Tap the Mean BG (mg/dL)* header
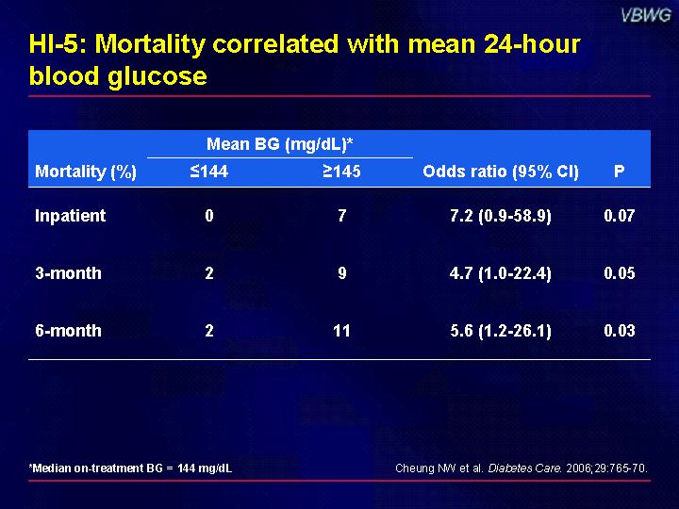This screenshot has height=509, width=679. [x=279, y=144]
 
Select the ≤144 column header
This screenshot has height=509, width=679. [x=208, y=172]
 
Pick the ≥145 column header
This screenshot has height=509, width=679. [x=341, y=172]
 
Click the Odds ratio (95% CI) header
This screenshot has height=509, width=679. [x=501, y=172]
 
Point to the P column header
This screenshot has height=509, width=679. [x=619, y=172]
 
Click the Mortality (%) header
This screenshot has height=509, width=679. [x=86, y=172]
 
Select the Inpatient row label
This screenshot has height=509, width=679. [x=70, y=216]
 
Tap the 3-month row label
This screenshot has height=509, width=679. [x=68, y=273]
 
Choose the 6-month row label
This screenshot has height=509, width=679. [x=68, y=331]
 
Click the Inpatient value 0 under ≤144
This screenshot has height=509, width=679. [x=208, y=216]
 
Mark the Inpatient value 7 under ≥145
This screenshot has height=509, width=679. [x=341, y=216]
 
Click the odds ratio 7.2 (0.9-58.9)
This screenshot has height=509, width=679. [x=501, y=216]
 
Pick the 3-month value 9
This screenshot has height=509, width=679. [x=341, y=273]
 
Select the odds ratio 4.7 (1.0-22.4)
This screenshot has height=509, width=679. [x=501, y=273]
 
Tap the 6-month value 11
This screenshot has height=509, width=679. [x=341, y=331]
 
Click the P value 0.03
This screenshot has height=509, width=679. [x=619, y=331]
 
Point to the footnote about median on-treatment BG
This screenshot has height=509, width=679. [x=131, y=468]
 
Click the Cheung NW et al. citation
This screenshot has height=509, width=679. [x=521, y=468]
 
